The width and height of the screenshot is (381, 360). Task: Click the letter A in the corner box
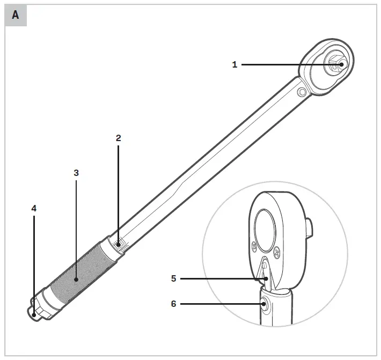click(16, 15)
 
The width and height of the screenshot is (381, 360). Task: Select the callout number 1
click(235, 64)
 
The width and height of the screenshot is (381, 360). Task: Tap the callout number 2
click(119, 138)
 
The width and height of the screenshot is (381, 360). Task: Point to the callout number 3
click(76, 173)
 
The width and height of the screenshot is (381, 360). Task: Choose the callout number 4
click(34, 208)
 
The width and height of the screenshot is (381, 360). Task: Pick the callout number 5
click(173, 278)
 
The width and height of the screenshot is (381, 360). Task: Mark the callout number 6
click(173, 304)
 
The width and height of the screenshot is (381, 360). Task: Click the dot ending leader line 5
click(258, 278)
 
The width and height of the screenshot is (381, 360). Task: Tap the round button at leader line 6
click(265, 304)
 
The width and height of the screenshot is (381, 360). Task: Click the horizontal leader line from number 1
click(284, 65)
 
